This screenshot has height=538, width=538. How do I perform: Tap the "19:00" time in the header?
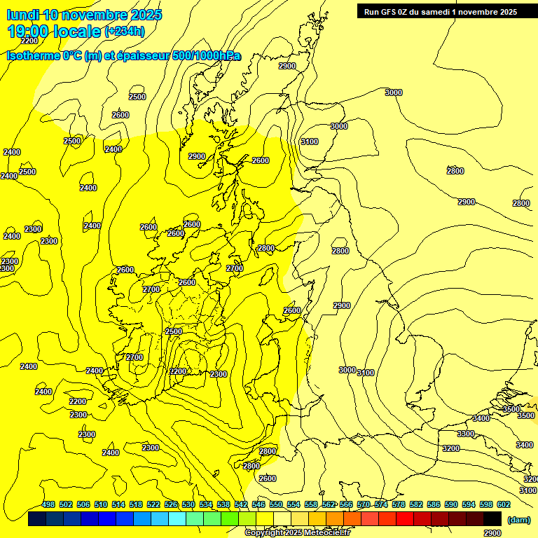coord(27,31)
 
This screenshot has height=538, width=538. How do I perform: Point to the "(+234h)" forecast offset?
coord(125,31)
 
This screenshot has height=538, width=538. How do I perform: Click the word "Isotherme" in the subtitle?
coord(32,55)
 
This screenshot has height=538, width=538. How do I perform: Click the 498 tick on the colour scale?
coord(48,504)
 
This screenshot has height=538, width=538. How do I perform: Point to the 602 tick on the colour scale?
coord(504,504)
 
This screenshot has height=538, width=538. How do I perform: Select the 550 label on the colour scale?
coord(276,504)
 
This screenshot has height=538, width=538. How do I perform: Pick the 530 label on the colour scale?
coord(188,504)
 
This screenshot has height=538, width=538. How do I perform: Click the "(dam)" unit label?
coord(518,519)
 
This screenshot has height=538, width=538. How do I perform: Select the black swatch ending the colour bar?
coord(492,518)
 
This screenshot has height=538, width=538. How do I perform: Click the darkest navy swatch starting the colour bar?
coord(37,518)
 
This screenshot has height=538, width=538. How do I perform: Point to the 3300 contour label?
coord(466,434)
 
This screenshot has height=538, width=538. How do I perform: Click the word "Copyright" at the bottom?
coord(264,533)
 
